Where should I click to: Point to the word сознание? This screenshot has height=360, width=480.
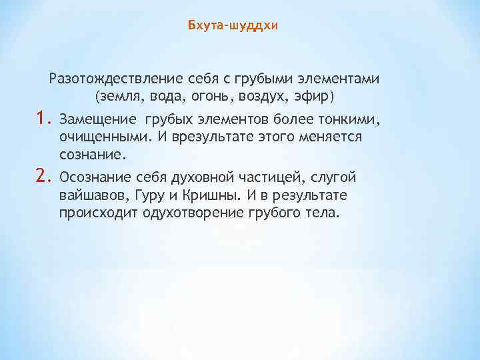pyautogui.click(x=91, y=155)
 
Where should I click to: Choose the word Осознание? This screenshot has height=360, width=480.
pyautogui.click(x=95, y=177)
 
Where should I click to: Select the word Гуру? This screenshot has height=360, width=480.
pyautogui.click(x=153, y=195)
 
